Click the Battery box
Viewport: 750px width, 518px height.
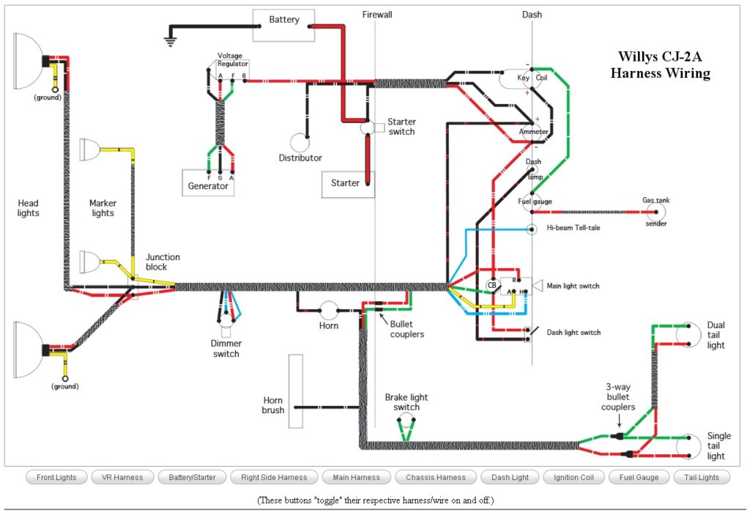[x=283, y=25]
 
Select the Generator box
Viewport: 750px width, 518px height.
[x=208, y=183]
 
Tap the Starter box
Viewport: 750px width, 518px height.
[x=347, y=183]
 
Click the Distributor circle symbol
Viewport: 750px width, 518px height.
[x=300, y=143]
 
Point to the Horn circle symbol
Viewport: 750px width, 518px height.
[x=328, y=311]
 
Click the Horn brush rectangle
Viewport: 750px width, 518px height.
[x=295, y=391]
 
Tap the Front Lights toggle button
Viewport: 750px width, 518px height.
[x=56, y=478]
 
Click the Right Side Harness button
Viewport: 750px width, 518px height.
[x=273, y=478]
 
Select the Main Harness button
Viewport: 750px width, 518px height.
[x=356, y=478]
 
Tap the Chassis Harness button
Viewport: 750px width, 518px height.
[x=435, y=478]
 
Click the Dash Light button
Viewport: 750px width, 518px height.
[x=510, y=478]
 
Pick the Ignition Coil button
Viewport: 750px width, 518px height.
[x=573, y=478]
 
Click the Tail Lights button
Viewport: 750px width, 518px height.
[x=701, y=478]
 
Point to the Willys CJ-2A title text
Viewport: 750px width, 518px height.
[x=660, y=64]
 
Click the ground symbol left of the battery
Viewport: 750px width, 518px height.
[x=171, y=40]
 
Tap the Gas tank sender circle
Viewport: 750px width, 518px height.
[x=656, y=212]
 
